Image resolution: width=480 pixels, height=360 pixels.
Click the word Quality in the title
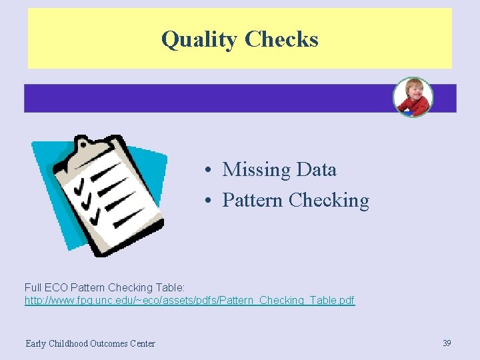tap(199, 39)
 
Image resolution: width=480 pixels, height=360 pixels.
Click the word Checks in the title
tap(281, 39)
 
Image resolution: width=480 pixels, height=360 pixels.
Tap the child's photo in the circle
tap(413, 97)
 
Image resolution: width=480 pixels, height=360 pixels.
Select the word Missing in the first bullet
tap(252, 170)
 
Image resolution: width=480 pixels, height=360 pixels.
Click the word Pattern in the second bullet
tap(253, 200)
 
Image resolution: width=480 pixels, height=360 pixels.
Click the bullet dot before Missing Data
tap(209, 171)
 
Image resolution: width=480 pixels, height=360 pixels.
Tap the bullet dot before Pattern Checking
tap(209, 201)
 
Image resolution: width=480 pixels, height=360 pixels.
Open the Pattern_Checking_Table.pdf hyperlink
tap(190, 301)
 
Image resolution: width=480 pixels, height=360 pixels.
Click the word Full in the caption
tap(33, 287)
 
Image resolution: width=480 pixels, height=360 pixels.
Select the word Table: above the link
tap(169, 287)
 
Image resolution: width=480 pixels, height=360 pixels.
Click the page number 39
tap(447, 343)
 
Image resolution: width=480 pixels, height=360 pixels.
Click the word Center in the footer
tap(143, 344)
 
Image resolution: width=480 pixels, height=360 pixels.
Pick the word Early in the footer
tap(36, 344)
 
